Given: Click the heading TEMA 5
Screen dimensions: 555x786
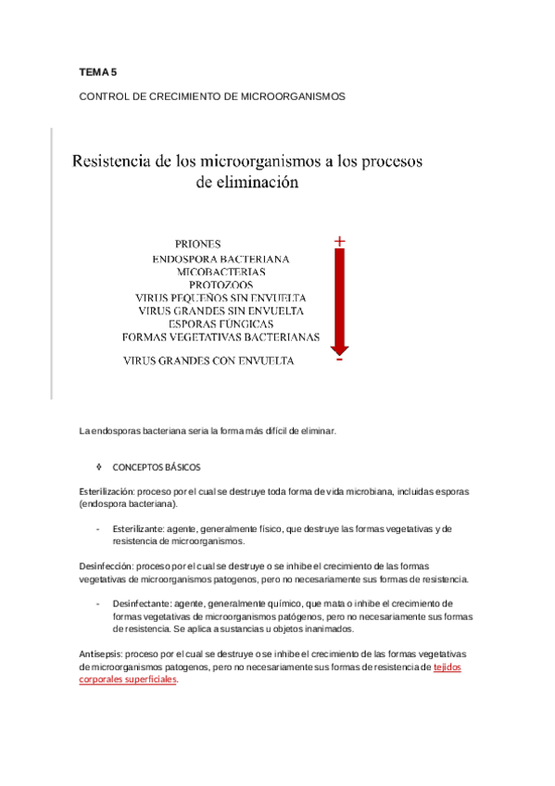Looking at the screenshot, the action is point(97,71).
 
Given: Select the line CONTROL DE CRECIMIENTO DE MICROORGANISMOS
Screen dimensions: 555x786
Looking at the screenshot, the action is point(212,95).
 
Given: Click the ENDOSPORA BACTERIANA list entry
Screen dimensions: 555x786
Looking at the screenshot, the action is point(221,259).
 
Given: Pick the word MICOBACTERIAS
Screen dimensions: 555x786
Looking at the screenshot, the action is point(221,272).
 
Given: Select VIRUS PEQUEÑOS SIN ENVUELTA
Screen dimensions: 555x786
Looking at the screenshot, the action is point(221,298).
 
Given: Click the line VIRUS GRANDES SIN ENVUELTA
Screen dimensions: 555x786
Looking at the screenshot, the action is point(221,311).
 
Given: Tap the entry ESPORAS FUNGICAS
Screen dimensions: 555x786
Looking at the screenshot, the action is point(221,323).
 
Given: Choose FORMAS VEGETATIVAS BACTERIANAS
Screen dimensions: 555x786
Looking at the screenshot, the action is point(221,336).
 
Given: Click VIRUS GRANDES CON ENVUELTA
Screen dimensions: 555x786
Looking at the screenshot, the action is point(209,361).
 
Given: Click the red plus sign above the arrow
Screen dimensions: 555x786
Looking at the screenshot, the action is point(340,242).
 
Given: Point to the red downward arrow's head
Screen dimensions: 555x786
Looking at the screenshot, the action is point(340,349).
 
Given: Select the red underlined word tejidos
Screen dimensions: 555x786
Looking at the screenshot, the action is point(448,666).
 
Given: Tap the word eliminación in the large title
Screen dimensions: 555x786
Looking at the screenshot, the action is point(247,183).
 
